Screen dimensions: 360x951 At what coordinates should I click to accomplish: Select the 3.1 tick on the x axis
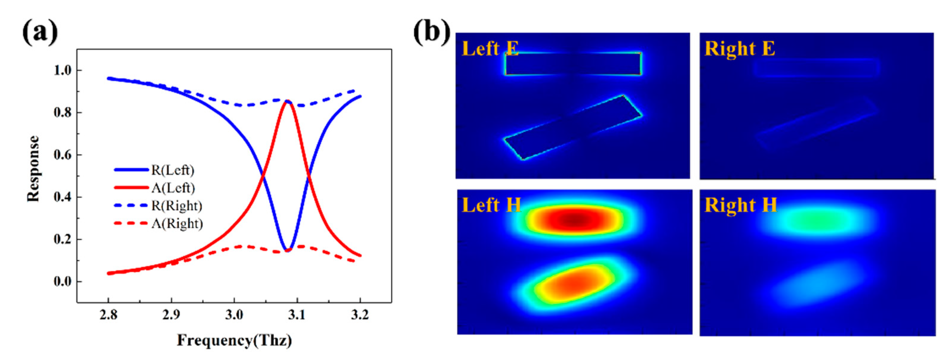click(297, 315)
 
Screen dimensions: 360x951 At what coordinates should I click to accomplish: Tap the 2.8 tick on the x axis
click(108, 315)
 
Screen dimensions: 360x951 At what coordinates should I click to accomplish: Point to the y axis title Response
click(33, 168)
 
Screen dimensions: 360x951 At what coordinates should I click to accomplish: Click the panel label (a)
click(40, 33)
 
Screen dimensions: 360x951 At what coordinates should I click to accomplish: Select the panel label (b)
click(431, 33)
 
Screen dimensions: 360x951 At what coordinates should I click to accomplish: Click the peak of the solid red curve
click(287, 101)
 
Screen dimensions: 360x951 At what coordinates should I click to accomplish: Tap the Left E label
click(490, 49)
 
